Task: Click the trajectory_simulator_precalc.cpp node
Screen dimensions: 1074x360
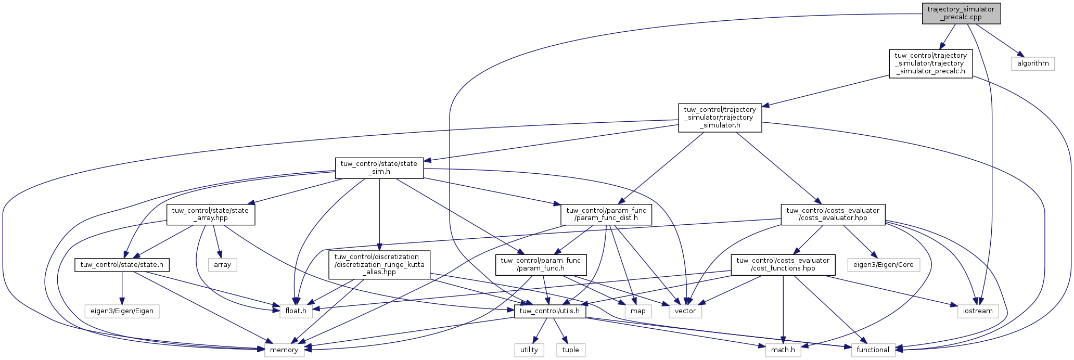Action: [x=961, y=13]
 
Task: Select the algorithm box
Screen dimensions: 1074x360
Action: [x=1033, y=63]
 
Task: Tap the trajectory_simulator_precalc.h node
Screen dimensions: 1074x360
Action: [x=930, y=63]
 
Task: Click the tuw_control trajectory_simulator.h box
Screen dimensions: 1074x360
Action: [x=720, y=118]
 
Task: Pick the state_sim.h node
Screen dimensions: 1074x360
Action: [x=379, y=168]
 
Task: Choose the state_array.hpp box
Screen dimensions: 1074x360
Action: [x=211, y=214]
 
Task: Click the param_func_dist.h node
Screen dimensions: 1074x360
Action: [x=606, y=214]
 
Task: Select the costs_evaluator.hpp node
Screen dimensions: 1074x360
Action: [x=833, y=214]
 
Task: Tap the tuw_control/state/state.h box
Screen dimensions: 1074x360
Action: [x=122, y=265]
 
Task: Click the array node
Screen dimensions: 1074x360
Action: [x=222, y=265]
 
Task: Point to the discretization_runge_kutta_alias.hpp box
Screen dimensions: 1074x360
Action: [x=379, y=265]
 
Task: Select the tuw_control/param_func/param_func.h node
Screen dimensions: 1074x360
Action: [x=541, y=265]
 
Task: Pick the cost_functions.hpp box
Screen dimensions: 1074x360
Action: [x=783, y=265]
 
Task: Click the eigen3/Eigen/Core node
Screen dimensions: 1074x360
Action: [x=884, y=265]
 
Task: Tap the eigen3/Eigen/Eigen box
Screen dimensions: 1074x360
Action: [x=122, y=311]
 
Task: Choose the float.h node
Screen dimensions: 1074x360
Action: [x=296, y=311]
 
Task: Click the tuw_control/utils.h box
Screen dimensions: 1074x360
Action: [x=550, y=311]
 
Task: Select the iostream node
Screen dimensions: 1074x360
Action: [x=978, y=311]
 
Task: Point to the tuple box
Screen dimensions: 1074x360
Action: [x=570, y=350]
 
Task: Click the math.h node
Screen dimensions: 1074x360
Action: [x=783, y=350]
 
